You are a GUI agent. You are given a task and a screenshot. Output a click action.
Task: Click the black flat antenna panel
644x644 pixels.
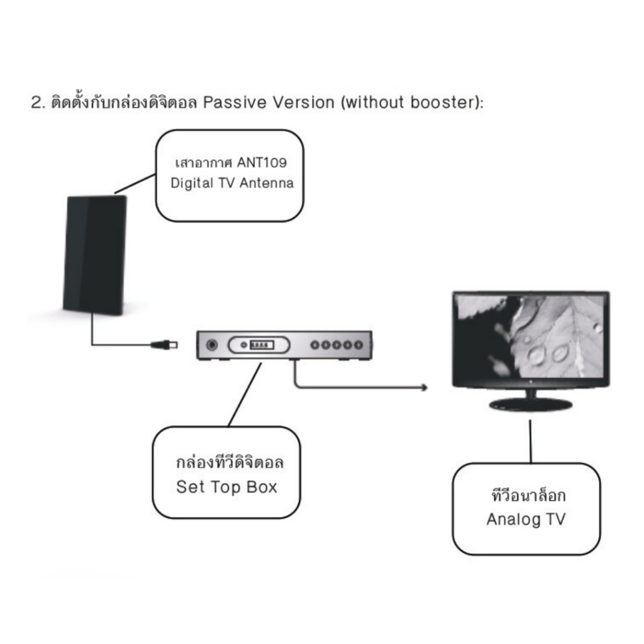pos(95,255)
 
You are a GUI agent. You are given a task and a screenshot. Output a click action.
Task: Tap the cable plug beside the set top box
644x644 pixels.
pos(164,345)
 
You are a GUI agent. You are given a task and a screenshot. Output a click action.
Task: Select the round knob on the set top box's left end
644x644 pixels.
pos(212,345)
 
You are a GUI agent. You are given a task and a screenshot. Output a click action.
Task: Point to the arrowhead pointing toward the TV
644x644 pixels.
pos(424,387)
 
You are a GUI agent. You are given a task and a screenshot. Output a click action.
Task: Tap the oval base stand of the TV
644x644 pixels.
pos(531,404)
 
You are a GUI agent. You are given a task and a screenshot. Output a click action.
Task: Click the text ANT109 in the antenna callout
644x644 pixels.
pos(262,163)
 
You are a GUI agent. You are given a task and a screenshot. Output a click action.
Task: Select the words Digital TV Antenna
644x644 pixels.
pos(232,183)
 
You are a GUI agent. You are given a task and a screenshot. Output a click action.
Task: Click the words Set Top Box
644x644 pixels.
pos(226,487)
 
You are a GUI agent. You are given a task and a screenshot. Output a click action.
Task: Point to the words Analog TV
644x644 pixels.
pos(526,519)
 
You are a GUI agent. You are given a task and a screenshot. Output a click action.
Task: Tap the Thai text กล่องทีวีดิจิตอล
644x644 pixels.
pos(230,462)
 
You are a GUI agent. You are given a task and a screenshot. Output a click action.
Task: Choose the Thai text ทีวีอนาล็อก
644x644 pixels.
pos(528,495)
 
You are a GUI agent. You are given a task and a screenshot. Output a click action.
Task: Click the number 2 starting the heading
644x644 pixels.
pos(36,103)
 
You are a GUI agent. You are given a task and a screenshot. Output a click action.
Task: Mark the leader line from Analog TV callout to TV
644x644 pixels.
pos(530,441)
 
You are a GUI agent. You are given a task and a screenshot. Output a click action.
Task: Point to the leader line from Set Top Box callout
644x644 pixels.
pos(245,395)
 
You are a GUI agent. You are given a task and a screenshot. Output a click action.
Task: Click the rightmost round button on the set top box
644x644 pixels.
pos(358,345)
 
